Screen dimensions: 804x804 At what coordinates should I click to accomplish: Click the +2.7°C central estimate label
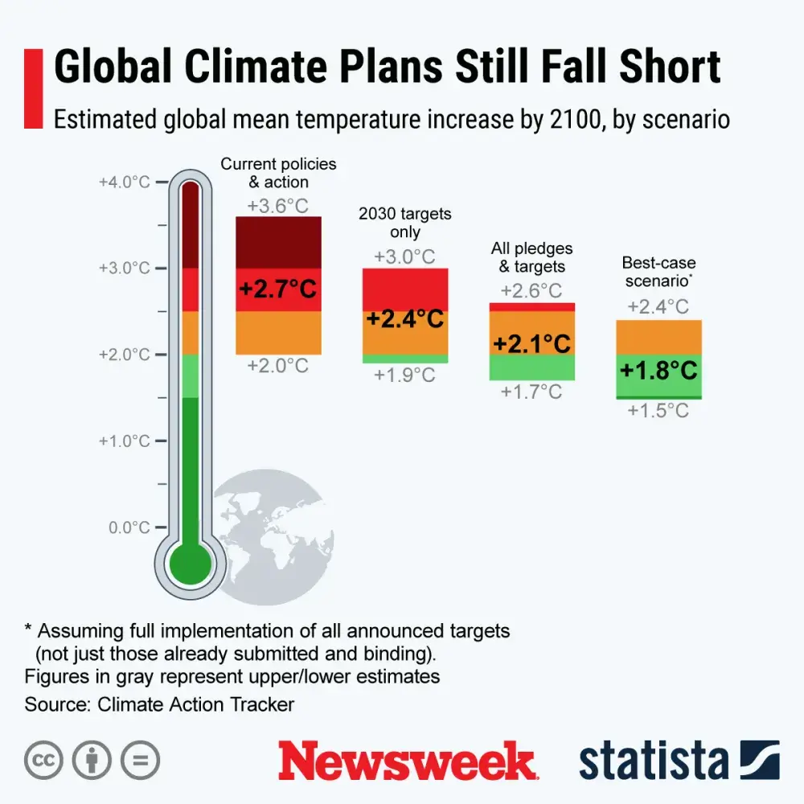(278, 289)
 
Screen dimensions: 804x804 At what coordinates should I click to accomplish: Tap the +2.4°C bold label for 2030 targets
(405, 319)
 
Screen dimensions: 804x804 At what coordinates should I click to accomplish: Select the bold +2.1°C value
(531, 344)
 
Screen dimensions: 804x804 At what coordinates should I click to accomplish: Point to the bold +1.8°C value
(658, 371)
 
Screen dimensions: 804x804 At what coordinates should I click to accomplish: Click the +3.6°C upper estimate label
(277, 206)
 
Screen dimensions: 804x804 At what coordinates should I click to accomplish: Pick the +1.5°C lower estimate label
(658, 411)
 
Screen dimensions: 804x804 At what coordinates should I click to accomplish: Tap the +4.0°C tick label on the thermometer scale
(125, 183)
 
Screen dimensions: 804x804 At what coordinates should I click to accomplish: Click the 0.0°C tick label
(129, 527)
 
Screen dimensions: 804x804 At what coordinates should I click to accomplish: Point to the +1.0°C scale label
(125, 441)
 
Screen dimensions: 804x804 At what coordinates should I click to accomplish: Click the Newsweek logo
(408, 760)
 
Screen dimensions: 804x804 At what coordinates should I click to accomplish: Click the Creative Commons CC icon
(44, 760)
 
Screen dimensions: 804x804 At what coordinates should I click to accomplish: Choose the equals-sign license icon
(140, 760)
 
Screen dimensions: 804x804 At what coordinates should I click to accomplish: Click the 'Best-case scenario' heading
(658, 272)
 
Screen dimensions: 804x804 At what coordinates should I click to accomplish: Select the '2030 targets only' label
(405, 223)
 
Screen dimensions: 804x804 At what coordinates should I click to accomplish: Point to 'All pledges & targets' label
(531, 257)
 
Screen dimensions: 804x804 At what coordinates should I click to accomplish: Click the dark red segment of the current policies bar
(278, 241)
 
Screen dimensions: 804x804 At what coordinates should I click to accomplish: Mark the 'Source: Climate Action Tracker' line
(159, 705)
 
